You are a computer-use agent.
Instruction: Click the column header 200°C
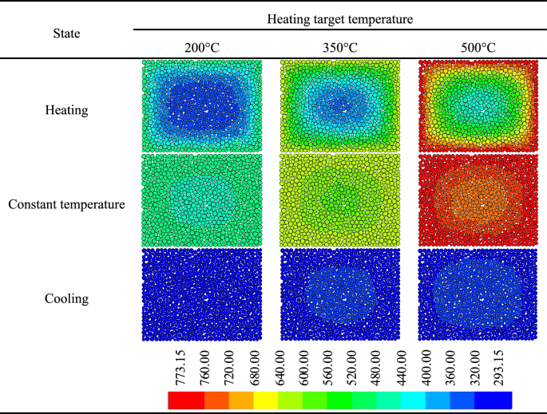[201, 48]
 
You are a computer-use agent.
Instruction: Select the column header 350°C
[340, 48]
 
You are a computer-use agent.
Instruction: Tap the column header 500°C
[478, 48]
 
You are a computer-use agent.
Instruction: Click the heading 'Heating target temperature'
[340, 18]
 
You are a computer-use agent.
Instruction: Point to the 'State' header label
[66, 34]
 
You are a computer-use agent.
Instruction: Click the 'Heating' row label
[66, 108]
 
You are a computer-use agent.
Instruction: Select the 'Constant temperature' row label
[66, 204]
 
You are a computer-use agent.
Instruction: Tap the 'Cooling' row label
[66, 299]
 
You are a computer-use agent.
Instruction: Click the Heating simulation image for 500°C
[478, 106]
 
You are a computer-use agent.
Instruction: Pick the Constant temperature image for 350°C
[340, 200]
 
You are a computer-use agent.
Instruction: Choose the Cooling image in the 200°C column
[201, 295]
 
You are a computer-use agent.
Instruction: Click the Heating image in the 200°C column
[201, 106]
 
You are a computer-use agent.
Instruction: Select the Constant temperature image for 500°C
[478, 200]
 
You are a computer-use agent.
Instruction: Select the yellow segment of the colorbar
[265, 400]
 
